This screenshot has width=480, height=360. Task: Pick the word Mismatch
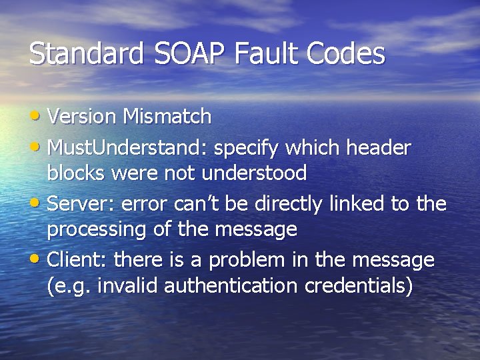[x=167, y=117]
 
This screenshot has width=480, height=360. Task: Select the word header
[x=378, y=147]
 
